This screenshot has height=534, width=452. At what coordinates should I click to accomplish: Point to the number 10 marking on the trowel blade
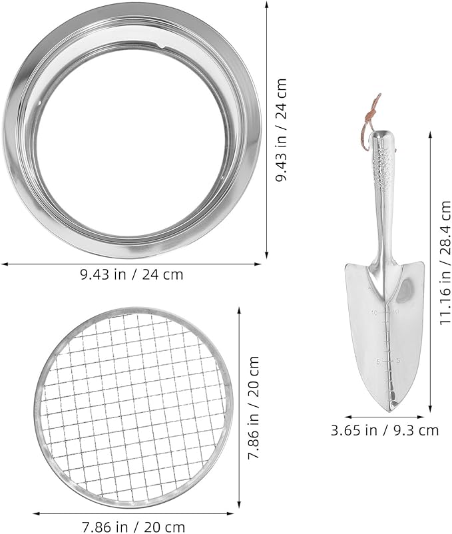tap(375, 312)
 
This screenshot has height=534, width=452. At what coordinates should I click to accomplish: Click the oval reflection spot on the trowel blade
tap(405, 290)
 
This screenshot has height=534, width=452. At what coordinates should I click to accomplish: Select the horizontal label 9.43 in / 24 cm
tap(132, 274)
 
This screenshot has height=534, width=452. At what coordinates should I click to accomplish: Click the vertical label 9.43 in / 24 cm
tap(281, 130)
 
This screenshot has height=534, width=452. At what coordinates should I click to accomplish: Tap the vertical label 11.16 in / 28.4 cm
tap(445, 263)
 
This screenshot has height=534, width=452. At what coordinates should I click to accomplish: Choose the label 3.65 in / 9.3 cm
tap(385, 431)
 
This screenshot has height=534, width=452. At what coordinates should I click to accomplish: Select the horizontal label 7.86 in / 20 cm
tap(133, 527)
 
